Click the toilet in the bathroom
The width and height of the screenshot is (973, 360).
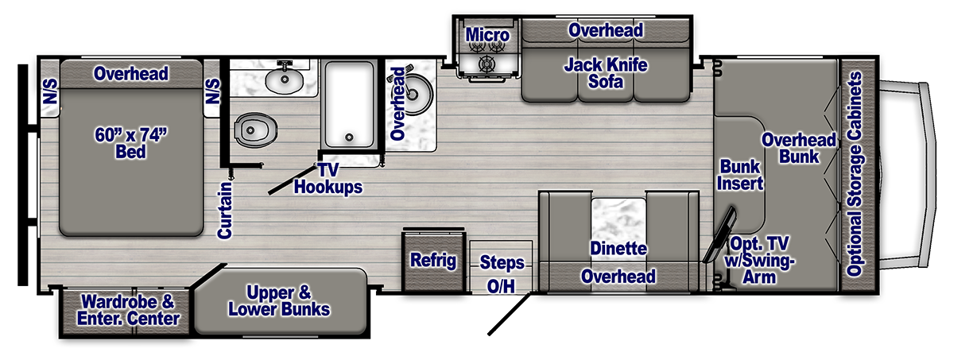(255, 130)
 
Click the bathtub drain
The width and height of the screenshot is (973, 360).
(349, 137)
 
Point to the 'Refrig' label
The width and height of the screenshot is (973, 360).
(433, 261)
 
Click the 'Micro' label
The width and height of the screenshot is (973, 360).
(487, 35)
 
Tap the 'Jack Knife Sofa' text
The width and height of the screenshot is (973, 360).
(606, 73)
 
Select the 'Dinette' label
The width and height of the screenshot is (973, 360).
(618, 249)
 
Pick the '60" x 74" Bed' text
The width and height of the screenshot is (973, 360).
(130, 143)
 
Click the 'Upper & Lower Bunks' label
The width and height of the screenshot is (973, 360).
(279, 301)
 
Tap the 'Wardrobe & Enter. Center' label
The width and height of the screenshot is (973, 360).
(128, 310)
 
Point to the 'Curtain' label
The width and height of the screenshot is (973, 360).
(225, 210)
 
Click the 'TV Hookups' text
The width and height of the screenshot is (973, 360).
(328, 179)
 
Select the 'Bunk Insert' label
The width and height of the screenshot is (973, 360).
(740, 175)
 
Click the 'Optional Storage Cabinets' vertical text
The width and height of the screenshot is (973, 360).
(855, 174)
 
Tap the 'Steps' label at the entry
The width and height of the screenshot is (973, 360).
(502, 263)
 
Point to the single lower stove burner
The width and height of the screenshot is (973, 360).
(486, 64)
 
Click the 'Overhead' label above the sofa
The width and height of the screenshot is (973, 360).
(606, 30)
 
